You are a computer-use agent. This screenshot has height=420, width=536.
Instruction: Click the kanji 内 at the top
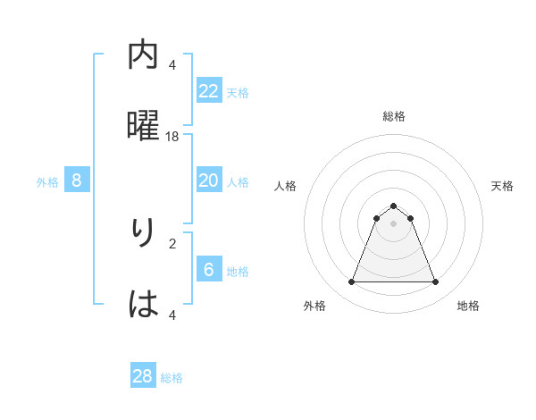144,55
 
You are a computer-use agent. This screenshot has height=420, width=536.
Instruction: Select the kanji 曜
144,125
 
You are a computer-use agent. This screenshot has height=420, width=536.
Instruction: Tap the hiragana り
143,232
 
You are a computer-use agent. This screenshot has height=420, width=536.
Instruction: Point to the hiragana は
144,304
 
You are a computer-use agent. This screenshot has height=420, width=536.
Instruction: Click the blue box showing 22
209,91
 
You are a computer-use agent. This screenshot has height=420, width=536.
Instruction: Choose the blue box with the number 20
209,181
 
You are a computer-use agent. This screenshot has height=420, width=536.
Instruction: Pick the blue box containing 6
209,270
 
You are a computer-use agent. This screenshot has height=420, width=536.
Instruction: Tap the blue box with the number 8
77,181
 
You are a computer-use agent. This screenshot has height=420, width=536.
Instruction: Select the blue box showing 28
143,376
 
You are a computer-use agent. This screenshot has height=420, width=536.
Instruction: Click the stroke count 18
172,136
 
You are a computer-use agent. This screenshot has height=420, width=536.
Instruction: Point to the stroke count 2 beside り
172,242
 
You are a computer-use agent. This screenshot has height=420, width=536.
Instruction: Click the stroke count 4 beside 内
172,64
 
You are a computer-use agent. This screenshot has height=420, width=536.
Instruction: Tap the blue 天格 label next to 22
238,92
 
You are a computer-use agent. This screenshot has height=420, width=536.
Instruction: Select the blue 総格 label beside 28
172,378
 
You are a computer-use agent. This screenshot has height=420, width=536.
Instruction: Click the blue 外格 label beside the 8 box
47,182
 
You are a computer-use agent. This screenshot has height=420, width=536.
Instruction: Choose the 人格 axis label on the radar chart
285,186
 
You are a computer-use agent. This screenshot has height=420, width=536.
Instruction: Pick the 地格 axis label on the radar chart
468,306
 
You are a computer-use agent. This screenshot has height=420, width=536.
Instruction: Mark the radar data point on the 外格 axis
351,282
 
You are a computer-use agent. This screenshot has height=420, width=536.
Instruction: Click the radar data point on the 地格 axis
435,282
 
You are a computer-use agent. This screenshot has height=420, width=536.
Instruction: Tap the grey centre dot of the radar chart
393,223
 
